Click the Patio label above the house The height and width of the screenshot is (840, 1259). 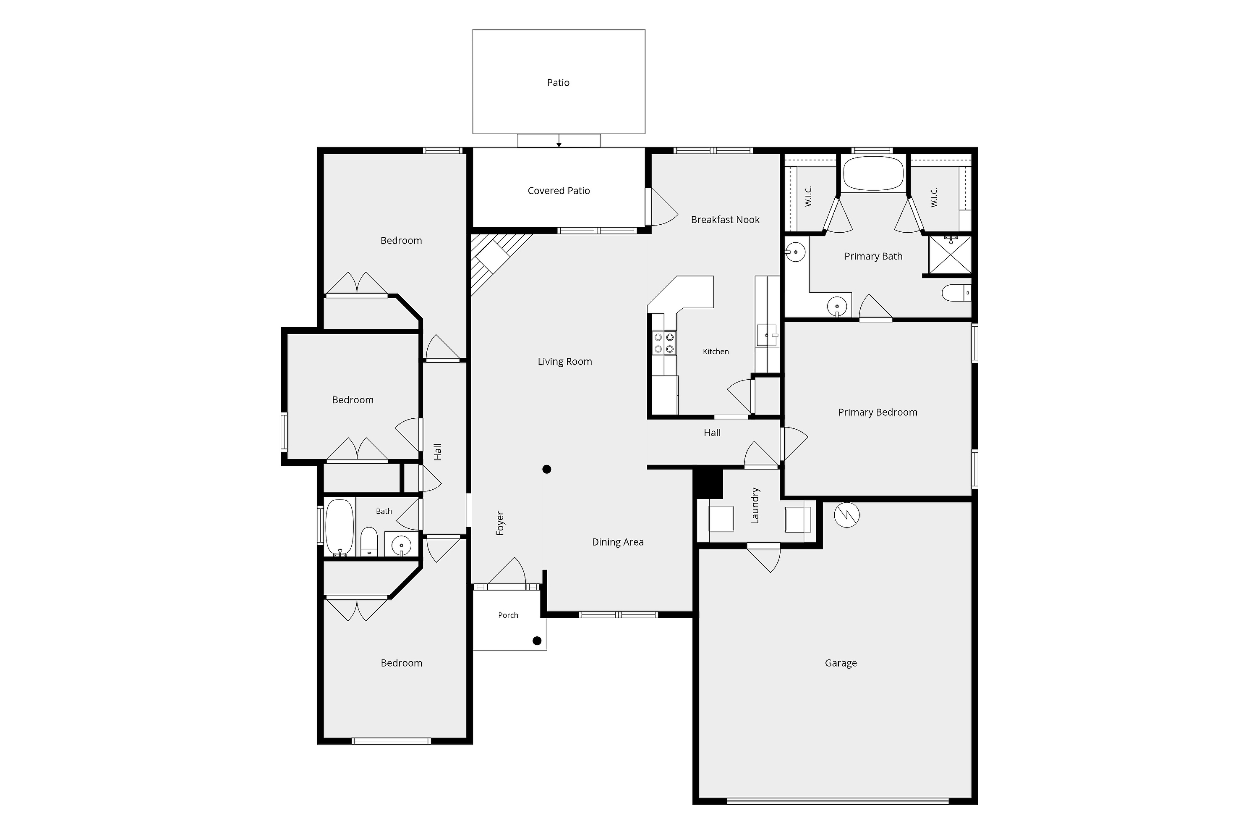tap(558, 82)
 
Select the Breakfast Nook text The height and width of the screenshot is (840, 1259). tap(725, 220)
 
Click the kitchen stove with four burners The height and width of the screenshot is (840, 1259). tap(664, 343)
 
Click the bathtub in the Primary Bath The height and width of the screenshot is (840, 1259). tap(873, 173)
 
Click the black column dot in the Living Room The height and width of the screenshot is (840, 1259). tap(546, 469)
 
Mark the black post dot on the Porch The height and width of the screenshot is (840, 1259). tap(537, 641)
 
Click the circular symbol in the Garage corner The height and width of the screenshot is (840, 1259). tap(847, 515)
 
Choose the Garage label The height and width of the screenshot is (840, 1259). tap(841, 663)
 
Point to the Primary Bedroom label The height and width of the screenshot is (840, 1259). tap(878, 412)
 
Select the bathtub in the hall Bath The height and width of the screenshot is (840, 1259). tap(340, 528)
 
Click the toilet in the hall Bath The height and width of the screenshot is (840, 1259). tap(369, 542)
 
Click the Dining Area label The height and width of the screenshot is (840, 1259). tap(618, 542)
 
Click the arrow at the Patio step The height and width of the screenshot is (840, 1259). tap(559, 140)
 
